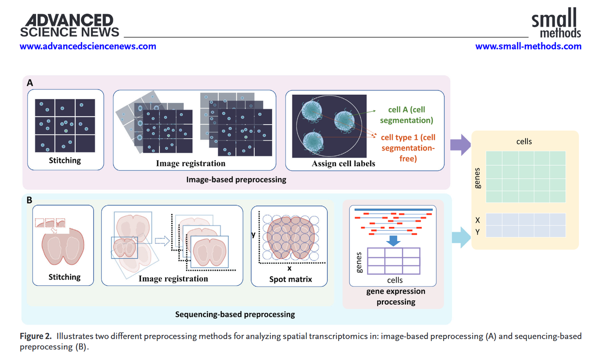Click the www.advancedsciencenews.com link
[88, 46]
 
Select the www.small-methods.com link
[528, 46]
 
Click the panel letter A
[30, 83]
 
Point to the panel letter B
[30, 200]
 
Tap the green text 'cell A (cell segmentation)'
[410, 115]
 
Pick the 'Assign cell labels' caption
[343, 163]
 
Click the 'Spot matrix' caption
[291, 279]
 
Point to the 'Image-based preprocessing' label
[236, 180]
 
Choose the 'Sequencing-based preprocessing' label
[235, 314]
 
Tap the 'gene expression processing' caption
[396, 297]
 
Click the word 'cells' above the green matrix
[524, 141]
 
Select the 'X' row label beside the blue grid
[478, 220]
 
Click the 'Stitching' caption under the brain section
[64, 277]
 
